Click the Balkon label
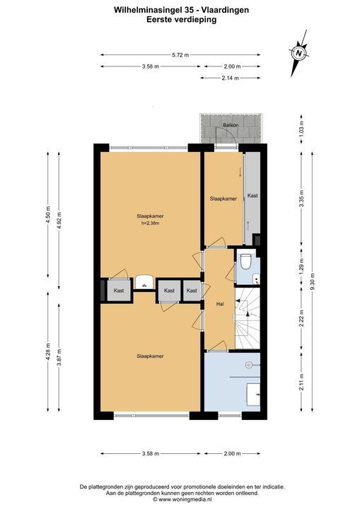click(231, 125)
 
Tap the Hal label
click(220, 304)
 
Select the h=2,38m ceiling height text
click(150, 223)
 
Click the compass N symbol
click(298, 53)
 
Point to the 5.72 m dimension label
click(180, 55)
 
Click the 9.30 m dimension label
click(313, 282)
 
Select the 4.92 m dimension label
click(59, 221)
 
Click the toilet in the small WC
click(245, 261)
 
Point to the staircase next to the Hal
click(248, 318)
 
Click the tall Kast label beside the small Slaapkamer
click(252, 195)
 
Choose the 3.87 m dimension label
click(59, 357)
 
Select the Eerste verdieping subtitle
click(181, 20)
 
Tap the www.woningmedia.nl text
click(185, 499)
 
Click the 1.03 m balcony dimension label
click(301, 129)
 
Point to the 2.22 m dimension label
click(301, 318)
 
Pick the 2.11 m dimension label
click(301, 382)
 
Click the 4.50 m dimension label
click(48, 214)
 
